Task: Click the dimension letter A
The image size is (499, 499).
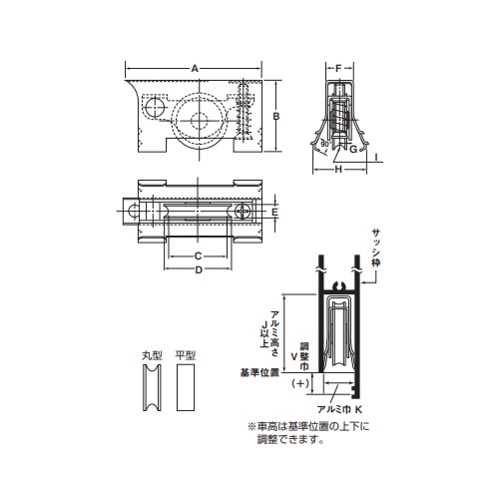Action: pos(195,69)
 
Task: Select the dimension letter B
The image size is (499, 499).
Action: pos(276,116)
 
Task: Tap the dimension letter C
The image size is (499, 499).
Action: pos(198,255)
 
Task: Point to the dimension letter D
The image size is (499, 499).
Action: pos(199,269)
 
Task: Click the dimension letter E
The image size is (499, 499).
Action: pos(274,212)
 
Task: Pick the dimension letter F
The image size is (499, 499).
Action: pos(338,68)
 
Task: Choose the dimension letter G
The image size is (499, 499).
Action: pos(353,149)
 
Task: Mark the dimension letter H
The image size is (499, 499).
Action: pos(338,169)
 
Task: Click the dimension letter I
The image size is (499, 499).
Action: pos(376,158)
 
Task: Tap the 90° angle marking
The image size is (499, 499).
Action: pos(325,145)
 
